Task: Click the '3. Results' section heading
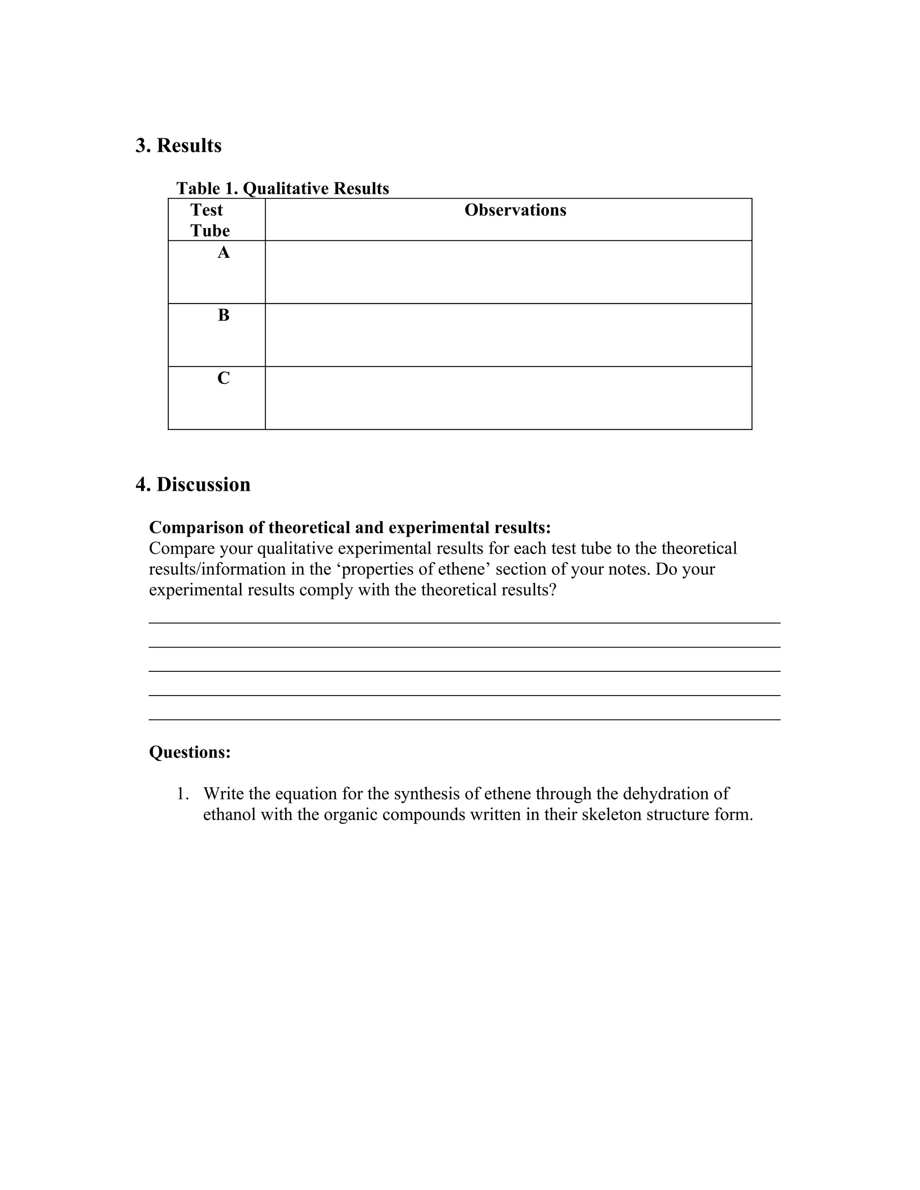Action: click(x=178, y=145)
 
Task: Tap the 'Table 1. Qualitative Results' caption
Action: click(x=282, y=189)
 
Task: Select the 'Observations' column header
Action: click(x=515, y=210)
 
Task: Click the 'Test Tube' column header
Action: click(x=209, y=220)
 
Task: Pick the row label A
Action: click(x=223, y=253)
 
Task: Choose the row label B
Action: click(x=223, y=316)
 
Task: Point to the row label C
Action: click(x=223, y=378)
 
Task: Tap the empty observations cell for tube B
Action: click(x=508, y=335)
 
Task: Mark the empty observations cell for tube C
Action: click(x=508, y=398)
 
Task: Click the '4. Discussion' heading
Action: click(x=193, y=485)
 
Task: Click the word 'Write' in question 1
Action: click(x=223, y=794)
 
